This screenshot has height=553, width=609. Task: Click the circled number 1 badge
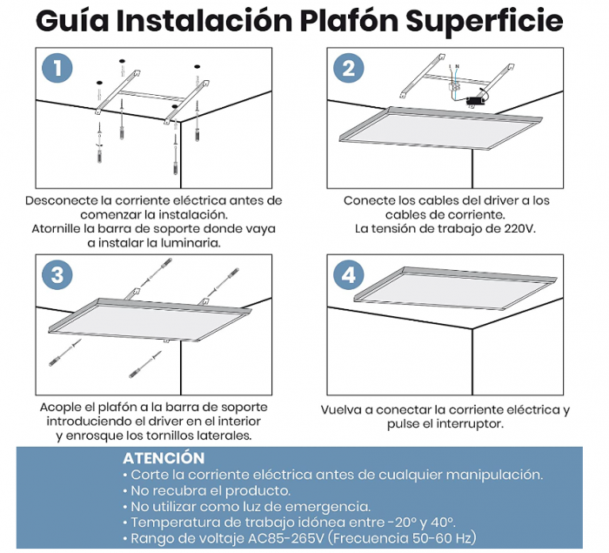[x=58, y=69]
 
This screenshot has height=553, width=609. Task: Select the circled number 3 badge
[x=58, y=275]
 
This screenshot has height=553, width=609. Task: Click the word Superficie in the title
[x=489, y=21]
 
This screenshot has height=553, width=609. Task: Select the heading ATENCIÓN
[x=164, y=458]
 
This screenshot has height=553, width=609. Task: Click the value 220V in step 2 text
[x=517, y=229]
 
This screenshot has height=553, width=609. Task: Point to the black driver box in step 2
[x=475, y=101]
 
